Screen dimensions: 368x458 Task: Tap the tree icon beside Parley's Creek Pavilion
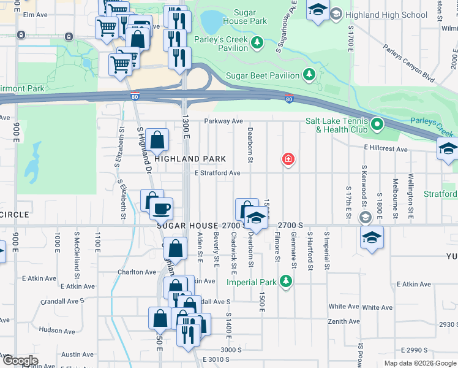coord(258,42)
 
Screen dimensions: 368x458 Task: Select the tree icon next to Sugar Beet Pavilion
coord(310,75)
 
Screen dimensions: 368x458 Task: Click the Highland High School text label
coord(386,14)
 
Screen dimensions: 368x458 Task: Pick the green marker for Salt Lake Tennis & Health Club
coord(377,125)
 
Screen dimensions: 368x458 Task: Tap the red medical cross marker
coord(287,160)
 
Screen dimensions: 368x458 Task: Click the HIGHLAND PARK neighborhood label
coord(186,159)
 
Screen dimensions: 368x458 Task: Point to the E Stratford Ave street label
coord(217,173)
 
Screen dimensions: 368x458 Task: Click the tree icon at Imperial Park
coord(285,282)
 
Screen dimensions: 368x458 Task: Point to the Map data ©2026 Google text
coord(420,363)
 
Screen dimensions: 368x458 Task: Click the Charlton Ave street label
coord(137,272)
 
